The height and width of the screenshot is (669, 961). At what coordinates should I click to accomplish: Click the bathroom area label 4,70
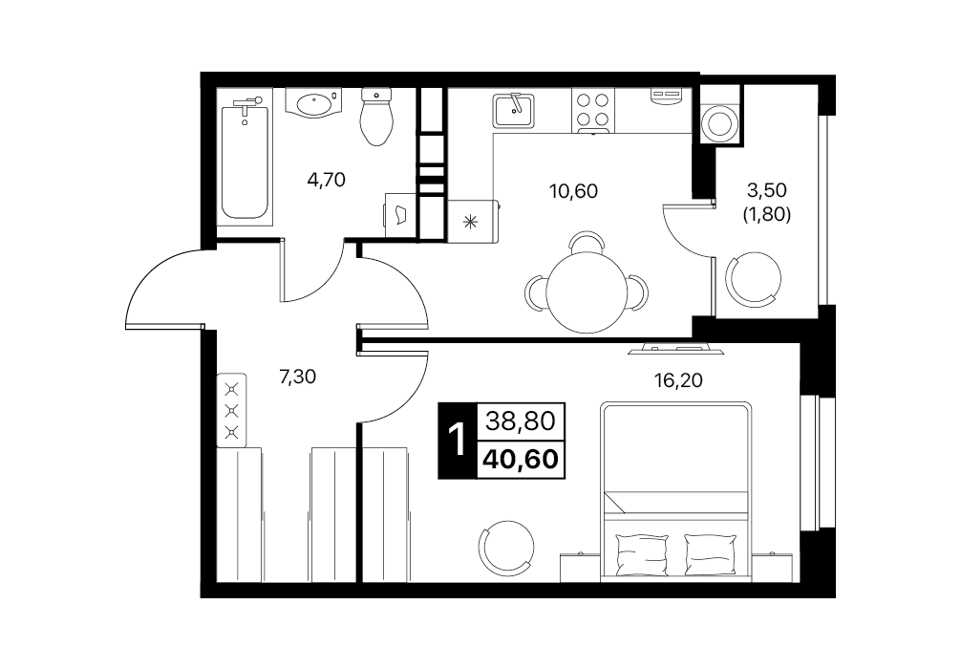point(327,180)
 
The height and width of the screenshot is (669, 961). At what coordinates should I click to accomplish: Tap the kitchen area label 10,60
point(574,191)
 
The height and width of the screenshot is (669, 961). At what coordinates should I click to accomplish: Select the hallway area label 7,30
point(297,377)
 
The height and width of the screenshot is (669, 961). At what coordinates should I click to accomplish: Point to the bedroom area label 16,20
point(679,380)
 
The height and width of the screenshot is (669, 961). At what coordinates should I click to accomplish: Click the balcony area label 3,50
point(767,190)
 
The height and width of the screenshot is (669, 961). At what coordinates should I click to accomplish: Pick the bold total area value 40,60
point(521,460)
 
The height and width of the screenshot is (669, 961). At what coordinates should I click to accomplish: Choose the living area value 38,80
point(521,421)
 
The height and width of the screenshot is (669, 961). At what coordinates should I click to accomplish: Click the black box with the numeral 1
point(457,441)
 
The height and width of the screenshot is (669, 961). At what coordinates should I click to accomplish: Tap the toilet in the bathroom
point(376,117)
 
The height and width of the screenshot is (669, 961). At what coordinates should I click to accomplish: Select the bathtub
point(246,161)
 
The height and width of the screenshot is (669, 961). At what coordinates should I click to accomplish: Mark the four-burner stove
point(593,110)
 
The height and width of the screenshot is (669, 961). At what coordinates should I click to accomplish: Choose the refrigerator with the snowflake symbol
point(473,222)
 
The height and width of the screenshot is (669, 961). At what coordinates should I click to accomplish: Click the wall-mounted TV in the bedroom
point(676,350)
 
